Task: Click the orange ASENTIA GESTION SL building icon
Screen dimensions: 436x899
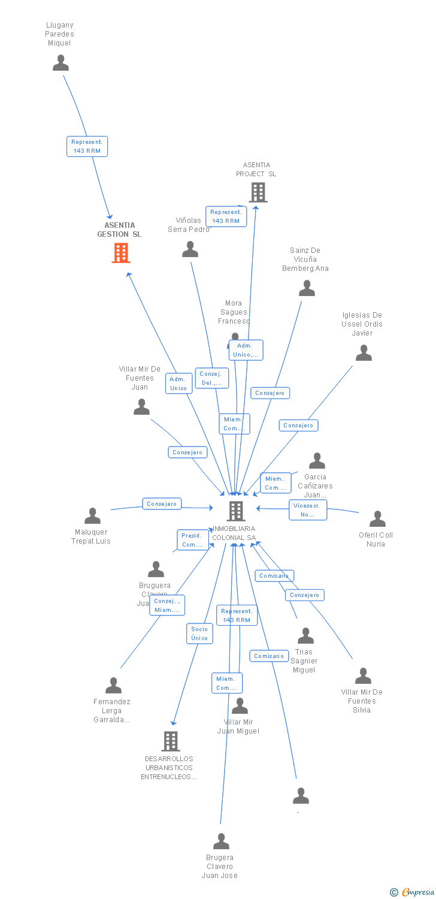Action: [x=121, y=253]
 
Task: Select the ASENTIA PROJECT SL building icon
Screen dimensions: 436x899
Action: [x=258, y=192]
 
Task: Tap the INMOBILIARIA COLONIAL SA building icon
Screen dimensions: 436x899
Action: [x=236, y=511]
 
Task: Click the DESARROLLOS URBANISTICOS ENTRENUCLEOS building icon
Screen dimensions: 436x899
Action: [x=171, y=741]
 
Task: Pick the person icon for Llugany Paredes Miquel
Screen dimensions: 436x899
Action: [x=60, y=63]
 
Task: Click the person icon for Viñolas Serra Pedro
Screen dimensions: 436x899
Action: [x=190, y=249]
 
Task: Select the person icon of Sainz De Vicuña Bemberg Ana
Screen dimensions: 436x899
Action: [x=307, y=288]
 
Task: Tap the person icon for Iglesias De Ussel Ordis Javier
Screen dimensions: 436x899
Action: [x=364, y=353]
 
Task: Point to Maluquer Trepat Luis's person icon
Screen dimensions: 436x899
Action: [x=93, y=516]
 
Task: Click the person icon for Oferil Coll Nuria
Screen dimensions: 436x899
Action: [x=377, y=519]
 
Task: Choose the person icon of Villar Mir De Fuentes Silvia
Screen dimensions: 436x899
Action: [x=363, y=676]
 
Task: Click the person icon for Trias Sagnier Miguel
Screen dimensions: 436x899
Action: [x=305, y=636]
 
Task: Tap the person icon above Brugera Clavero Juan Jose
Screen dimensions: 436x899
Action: [x=222, y=841]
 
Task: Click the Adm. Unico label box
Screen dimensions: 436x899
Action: [x=178, y=384]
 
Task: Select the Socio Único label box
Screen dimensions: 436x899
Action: [x=199, y=633]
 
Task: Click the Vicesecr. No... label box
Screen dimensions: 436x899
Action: [x=308, y=510]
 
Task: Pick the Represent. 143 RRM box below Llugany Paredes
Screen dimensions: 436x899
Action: [x=87, y=146]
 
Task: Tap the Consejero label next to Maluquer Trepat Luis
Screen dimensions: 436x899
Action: [x=162, y=504]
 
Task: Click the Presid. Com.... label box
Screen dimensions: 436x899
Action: [x=192, y=540]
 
